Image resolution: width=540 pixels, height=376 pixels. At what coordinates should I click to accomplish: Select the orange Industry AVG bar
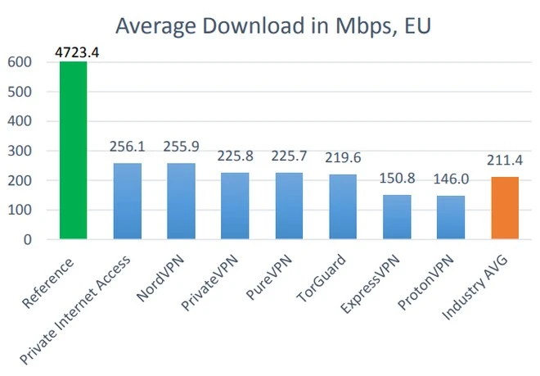(505, 208)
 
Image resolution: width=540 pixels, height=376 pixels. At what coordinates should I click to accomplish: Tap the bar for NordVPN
(181, 202)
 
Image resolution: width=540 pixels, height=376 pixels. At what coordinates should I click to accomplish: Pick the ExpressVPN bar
(397, 217)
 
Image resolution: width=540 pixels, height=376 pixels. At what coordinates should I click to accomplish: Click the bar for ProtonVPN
(451, 218)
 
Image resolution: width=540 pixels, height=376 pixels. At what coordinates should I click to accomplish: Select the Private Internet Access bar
(127, 202)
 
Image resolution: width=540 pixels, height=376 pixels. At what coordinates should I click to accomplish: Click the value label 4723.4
(74, 53)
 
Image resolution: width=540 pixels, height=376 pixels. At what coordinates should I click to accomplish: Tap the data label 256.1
(127, 147)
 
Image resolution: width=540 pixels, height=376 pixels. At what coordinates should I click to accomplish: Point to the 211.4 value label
(505, 161)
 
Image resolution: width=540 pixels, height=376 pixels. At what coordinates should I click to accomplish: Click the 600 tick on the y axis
(20, 62)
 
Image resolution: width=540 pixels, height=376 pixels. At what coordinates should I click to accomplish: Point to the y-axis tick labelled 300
(20, 151)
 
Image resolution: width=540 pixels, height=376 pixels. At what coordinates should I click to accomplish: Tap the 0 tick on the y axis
(27, 240)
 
